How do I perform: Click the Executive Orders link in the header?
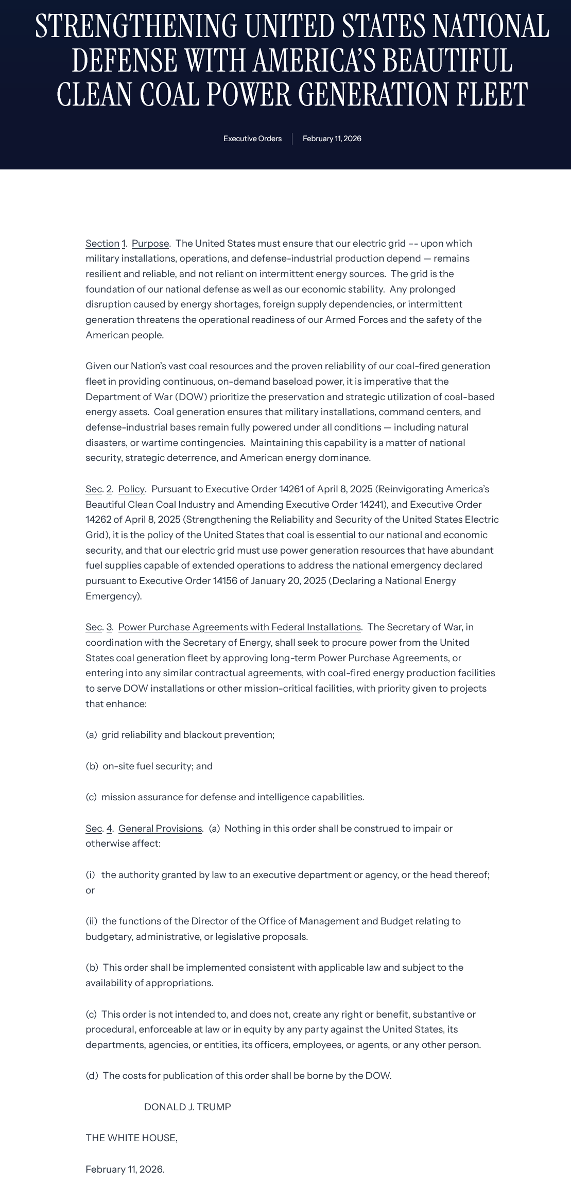(x=252, y=139)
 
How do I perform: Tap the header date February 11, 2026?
(x=332, y=139)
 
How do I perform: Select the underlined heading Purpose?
(x=150, y=244)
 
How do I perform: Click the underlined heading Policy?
(x=131, y=489)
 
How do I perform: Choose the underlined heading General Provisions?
(x=160, y=828)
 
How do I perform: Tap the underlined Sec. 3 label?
(x=99, y=627)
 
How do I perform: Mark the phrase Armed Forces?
(x=356, y=319)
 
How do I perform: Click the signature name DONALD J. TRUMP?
(x=187, y=1107)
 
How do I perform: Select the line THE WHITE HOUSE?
(x=131, y=1138)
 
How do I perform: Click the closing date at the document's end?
(x=125, y=1169)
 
